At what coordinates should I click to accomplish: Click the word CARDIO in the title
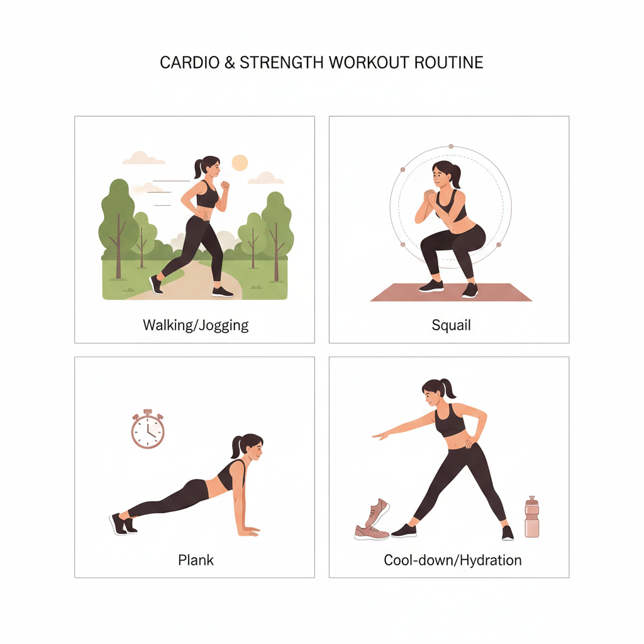tap(189, 62)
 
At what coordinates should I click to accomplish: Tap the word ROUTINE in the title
tap(448, 62)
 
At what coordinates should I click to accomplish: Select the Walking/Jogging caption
tap(196, 325)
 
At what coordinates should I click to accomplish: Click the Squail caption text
tap(451, 325)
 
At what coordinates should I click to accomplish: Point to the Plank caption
tap(196, 560)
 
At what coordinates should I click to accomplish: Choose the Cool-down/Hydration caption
tap(453, 560)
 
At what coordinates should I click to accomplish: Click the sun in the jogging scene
tap(240, 163)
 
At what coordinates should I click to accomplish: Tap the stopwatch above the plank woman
tap(148, 429)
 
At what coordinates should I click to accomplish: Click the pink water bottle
tap(531, 517)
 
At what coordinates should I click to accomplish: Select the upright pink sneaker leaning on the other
tap(377, 512)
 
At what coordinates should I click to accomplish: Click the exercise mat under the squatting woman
tap(451, 292)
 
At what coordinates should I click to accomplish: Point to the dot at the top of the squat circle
tap(451, 146)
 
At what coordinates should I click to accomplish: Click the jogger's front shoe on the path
tap(222, 292)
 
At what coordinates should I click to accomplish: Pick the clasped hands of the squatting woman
tap(429, 197)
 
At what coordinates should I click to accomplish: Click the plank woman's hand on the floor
tap(249, 531)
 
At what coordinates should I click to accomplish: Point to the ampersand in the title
tap(230, 63)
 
